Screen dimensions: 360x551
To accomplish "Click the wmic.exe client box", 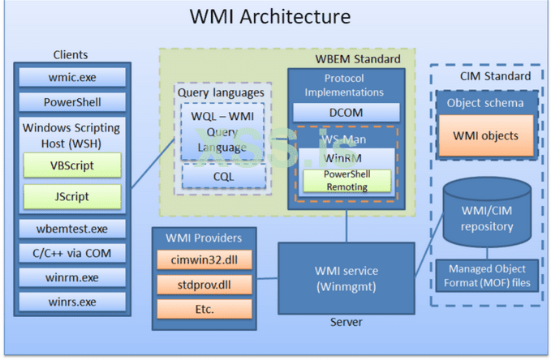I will [x=73, y=78].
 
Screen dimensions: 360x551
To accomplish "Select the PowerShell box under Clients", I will [x=73, y=103].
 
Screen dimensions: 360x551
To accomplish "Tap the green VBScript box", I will [x=72, y=165].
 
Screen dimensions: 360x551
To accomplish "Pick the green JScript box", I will [x=72, y=196].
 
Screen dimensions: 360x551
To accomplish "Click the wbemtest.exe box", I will [x=73, y=229].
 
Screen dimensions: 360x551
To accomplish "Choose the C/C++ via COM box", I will [x=73, y=253].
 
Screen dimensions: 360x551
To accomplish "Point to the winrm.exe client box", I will [x=73, y=278].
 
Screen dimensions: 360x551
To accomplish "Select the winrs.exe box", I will [x=73, y=302].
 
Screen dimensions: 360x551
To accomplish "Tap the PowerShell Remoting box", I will [x=346, y=181].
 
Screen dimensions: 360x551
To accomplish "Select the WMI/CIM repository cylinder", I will [x=487, y=216].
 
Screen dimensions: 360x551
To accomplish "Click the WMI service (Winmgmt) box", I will [x=347, y=276].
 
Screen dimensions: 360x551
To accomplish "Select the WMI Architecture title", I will [x=270, y=17].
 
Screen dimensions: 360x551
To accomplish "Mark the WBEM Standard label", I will [x=357, y=59].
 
